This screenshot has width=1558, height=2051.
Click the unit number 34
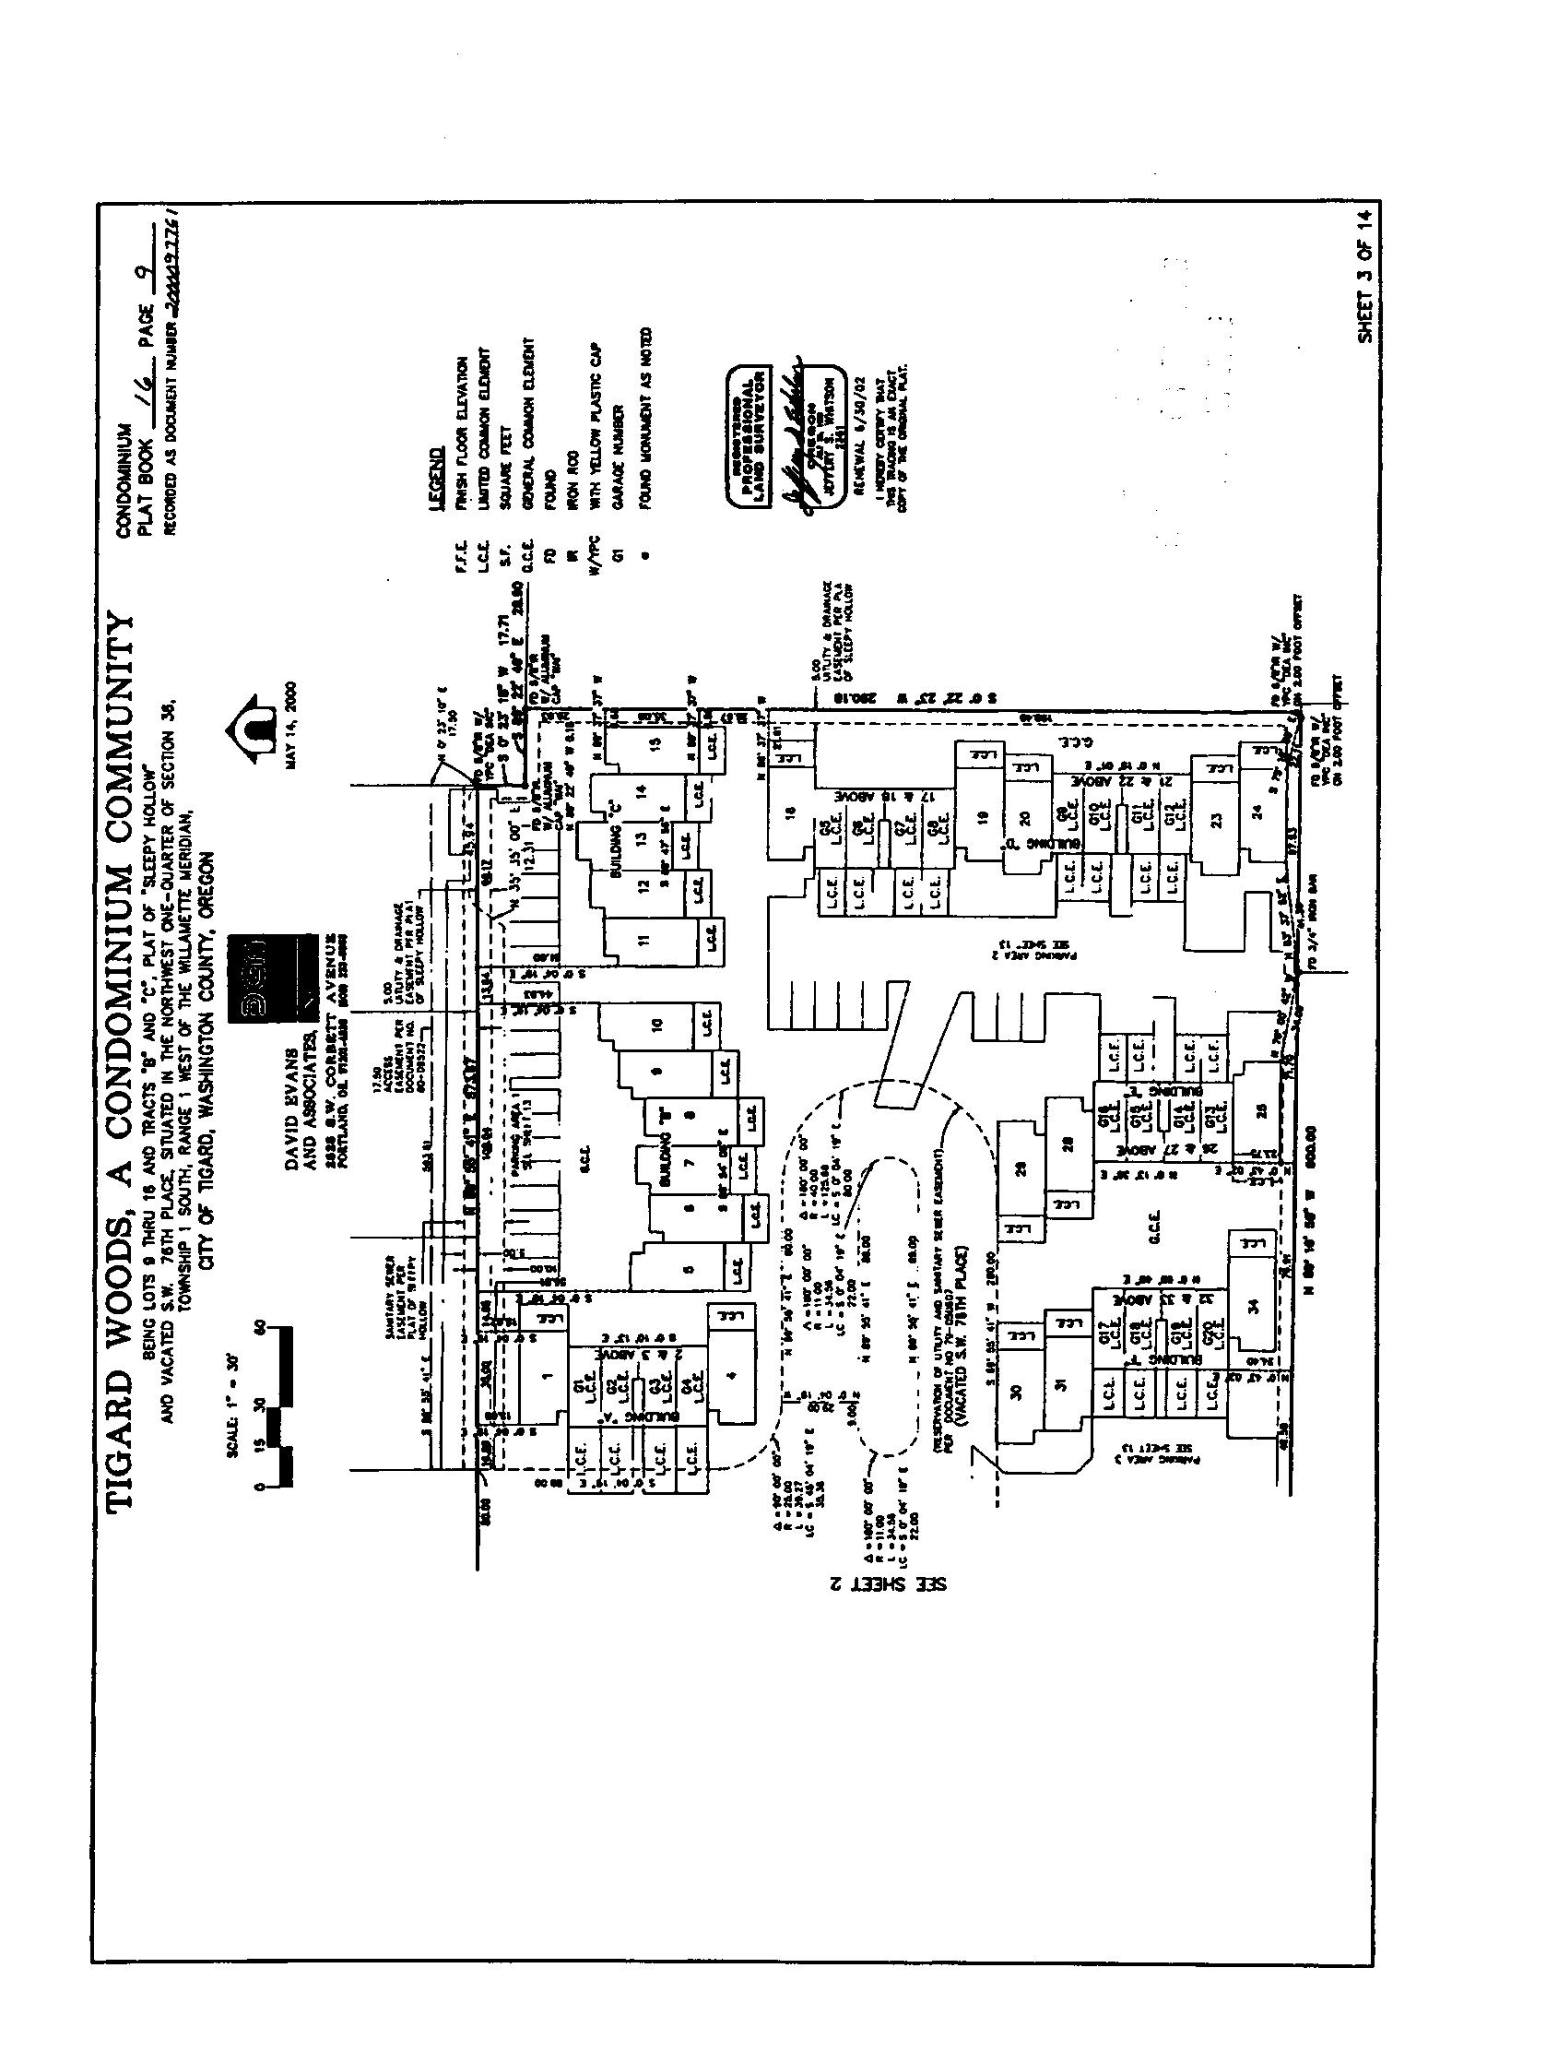[x=1254, y=1306]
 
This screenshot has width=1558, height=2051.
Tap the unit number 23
[x=1217, y=819]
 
